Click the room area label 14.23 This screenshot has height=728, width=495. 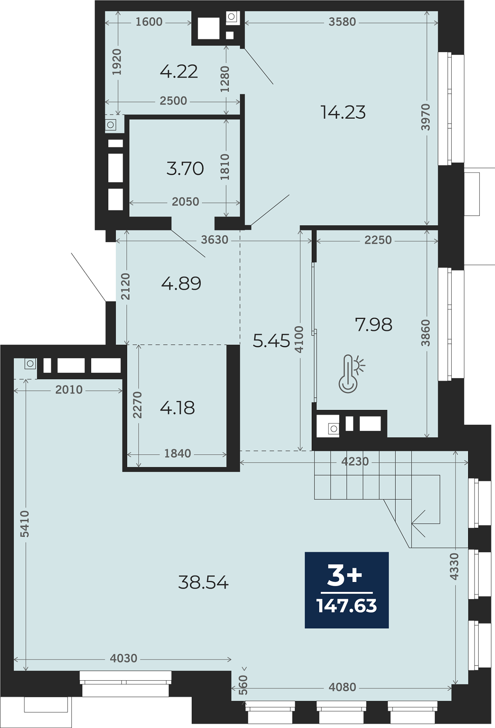pos(343,112)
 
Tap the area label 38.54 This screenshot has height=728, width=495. pos(203,582)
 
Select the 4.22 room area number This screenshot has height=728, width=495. pos(179,71)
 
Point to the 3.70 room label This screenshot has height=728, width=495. pos(185,168)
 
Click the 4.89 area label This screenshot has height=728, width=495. pos(181,283)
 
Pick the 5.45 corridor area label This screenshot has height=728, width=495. pos(271,340)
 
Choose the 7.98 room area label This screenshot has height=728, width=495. pos(374,325)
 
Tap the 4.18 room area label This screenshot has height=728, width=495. pos(177,408)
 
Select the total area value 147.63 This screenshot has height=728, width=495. pos(347,606)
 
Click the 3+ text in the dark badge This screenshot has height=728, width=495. pos(345,575)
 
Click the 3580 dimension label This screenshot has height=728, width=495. pos(342,22)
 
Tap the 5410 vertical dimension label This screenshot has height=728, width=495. pos(25,524)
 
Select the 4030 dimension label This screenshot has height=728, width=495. pos(123,658)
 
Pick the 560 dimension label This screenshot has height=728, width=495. pos(243,685)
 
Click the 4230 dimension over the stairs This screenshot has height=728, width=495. pos(355,461)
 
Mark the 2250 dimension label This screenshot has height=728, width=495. pos(378,240)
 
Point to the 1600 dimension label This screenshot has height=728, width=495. pos(149,22)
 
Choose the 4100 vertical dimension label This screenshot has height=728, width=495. pos(300,339)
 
